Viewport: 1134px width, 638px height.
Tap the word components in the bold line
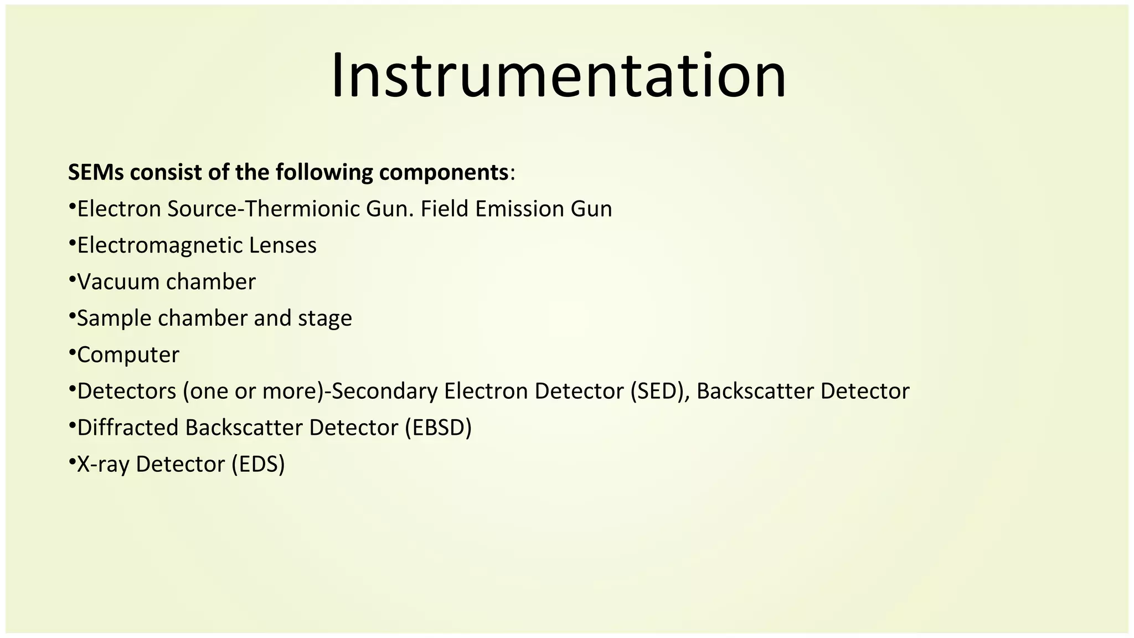point(444,173)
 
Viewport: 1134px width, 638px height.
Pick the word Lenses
point(282,245)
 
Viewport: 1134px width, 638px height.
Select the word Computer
point(128,355)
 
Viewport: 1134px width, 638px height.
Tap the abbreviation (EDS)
point(258,464)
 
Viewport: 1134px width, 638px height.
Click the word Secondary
point(384,392)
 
